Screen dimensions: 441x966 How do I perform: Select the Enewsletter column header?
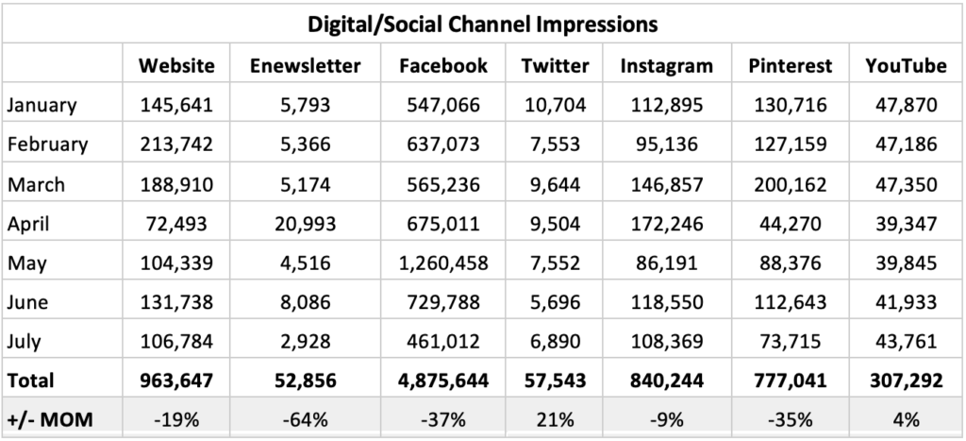tap(305, 65)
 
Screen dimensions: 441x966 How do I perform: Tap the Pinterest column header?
tap(790, 65)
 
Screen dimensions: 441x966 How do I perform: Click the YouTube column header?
tap(906, 65)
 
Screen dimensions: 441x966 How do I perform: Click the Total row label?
tap(31, 381)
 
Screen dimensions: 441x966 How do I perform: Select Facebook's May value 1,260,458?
tap(442, 263)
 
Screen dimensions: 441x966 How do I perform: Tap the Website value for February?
tap(176, 144)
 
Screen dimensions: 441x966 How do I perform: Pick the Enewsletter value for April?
tap(305, 224)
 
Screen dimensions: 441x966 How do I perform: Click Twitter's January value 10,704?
tap(555, 105)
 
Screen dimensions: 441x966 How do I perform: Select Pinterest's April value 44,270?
tap(790, 224)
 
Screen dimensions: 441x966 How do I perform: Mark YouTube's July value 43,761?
tap(906, 342)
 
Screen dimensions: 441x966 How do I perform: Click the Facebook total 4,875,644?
tap(442, 381)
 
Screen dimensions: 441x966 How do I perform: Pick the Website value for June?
tap(176, 302)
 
